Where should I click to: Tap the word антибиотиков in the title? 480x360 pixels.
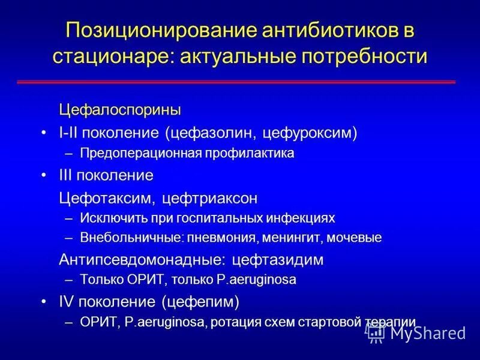click(326, 31)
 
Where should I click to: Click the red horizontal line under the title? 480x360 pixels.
click(240, 82)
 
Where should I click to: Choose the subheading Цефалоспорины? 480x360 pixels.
click(119, 110)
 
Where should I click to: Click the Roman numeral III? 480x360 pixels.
click(67, 176)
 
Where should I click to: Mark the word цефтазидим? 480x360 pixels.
click(277, 260)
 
